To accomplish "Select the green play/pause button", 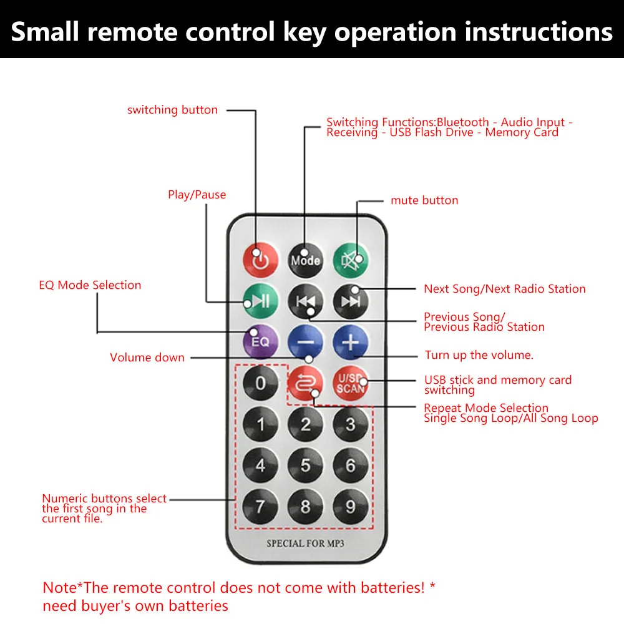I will click(x=260, y=301).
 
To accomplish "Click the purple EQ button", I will click(x=260, y=342).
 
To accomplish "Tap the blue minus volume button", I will click(x=305, y=342).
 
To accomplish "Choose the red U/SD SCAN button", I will click(x=350, y=383).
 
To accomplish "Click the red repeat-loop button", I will click(x=305, y=383).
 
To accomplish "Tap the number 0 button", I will click(x=260, y=383).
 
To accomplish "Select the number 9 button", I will click(x=350, y=505).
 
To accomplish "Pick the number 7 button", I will click(x=260, y=505).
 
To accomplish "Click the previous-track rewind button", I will click(x=305, y=301).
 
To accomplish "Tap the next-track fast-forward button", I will click(x=350, y=301).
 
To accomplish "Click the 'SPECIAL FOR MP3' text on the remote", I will click(x=305, y=544).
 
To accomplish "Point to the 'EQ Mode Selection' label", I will click(x=90, y=285).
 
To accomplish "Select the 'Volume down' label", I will click(x=147, y=358).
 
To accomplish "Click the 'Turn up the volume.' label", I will click(x=479, y=355).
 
